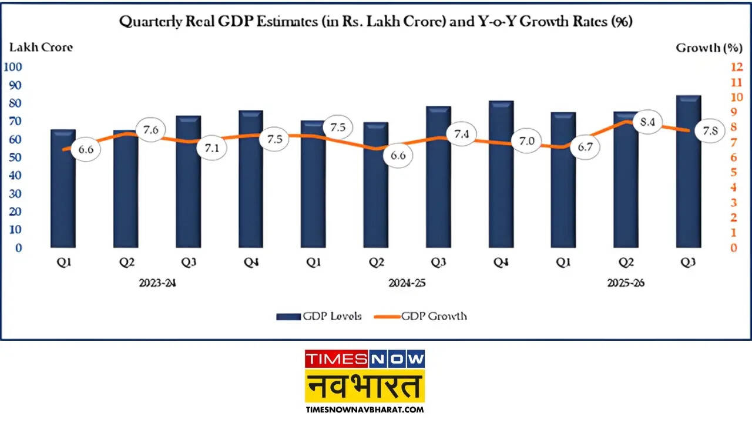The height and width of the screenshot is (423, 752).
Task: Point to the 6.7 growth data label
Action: [585, 147]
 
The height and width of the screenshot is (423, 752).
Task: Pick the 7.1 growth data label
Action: [211, 148]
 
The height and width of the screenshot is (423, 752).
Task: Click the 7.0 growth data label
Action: [526, 141]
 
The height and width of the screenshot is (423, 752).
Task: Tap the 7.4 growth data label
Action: [462, 135]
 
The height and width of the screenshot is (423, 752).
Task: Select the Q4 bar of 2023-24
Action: [250, 179]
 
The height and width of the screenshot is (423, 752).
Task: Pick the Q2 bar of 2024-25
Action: [375, 185]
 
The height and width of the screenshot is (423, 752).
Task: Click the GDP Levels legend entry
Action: [319, 316]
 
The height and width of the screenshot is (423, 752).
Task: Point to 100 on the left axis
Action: [13, 67]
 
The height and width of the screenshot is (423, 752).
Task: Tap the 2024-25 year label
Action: [407, 283]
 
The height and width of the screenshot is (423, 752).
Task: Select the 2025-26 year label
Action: [625, 283]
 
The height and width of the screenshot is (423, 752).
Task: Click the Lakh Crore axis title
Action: [40, 48]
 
